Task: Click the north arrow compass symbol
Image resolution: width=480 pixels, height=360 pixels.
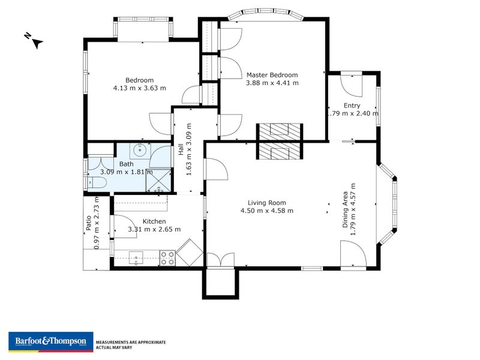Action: tap(35, 41)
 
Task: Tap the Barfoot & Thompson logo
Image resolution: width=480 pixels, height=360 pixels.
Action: tap(50, 341)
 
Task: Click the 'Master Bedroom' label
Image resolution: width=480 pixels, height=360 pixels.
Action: tap(272, 75)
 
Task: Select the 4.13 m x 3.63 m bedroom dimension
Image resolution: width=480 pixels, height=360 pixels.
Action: tap(139, 88)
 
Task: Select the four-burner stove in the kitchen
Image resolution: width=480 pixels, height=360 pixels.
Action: tap(167, 258)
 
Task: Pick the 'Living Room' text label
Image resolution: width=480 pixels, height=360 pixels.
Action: tap(266, 203)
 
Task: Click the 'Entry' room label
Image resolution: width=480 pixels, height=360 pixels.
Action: tap(352, 106)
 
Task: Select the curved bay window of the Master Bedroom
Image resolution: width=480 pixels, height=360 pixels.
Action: tap(267, 13)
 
